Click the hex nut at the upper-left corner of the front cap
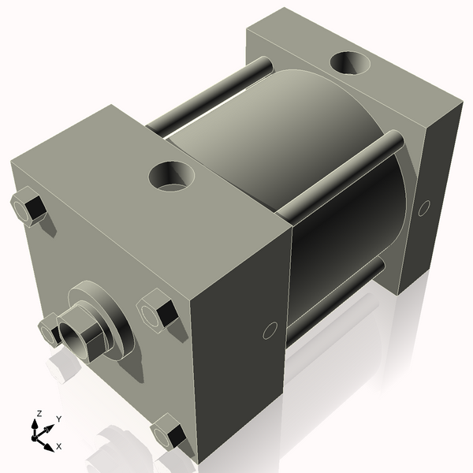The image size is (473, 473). point(29,208)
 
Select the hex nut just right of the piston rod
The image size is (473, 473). point(157,311)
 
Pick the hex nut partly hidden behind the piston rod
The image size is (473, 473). point(49,329)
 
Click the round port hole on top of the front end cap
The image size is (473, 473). point(172,174)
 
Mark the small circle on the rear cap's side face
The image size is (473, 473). point(423,208)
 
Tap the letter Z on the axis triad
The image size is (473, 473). point(39,413)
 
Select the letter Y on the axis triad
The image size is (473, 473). point(58,419)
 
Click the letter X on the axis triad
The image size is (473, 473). point(58,446)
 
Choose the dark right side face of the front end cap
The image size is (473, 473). point(236,339)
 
